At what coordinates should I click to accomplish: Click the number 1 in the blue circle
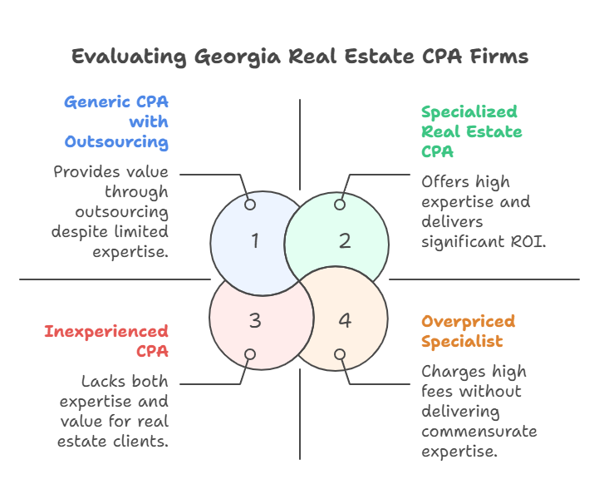click(x=255, y=241)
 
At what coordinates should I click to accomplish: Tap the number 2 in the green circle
click(x=345, y=241)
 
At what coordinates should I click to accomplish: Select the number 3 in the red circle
click(x=255, y=320)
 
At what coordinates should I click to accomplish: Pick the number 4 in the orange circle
click(x=345, y=320)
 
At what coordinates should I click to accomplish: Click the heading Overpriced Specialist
click(x=468, y=331)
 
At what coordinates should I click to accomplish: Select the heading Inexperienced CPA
click(x=106, y=341)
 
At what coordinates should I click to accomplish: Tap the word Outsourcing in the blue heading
click(x=117, y=141)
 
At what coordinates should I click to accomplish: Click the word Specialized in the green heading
click(x=469, y=112)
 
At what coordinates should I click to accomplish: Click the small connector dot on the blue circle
click(x=250, y=205)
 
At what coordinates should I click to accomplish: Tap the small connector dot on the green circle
click(x=340, y=205)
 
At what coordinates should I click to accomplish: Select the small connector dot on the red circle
click(x=250, y=354)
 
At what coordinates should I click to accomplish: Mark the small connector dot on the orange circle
click(x=340, y=354)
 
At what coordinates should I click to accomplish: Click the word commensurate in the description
click(x=479, y=431)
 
